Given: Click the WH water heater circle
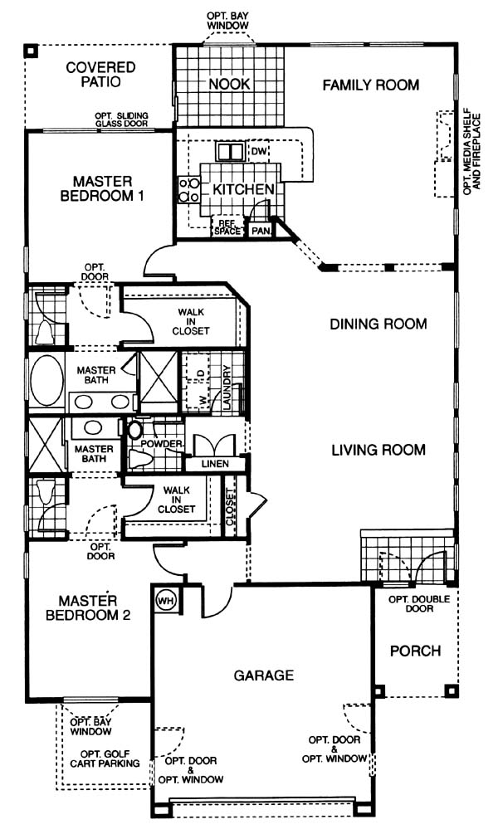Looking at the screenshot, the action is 166,601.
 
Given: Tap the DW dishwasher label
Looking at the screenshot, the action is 259,152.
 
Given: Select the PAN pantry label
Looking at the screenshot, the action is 261,231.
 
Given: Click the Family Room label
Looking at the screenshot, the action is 371,85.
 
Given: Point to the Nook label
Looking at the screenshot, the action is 229,84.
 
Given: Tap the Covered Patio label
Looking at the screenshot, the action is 100,75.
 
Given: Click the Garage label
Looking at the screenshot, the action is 264,675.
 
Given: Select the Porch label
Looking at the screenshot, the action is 416,651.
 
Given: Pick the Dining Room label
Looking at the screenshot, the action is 378,324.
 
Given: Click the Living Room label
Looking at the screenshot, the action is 378,450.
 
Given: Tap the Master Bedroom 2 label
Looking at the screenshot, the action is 88,608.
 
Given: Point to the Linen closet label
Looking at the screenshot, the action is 215,464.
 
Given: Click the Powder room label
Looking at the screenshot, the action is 161,444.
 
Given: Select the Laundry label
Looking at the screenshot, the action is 227,388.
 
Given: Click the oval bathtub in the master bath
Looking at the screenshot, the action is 46,381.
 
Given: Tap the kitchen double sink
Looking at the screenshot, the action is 230,152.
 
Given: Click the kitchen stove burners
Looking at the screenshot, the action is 189,190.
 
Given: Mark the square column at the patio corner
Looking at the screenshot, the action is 32,51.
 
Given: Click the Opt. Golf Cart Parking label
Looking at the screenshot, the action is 105,759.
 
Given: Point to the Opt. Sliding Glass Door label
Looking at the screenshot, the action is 121,119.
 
